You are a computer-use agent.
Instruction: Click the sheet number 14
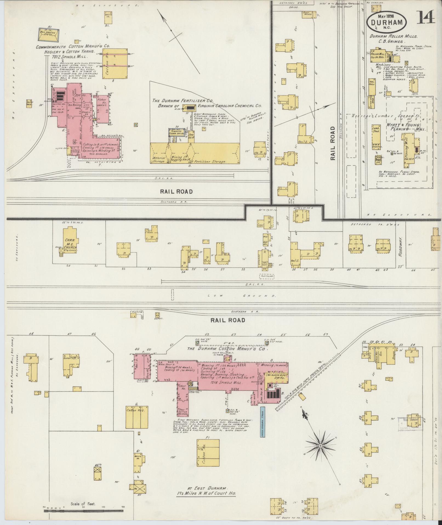[x=426, y=18]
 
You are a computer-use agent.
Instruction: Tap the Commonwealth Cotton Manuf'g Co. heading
[x=73, y=47]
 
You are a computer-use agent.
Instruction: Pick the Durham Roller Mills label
[x=393, y=36]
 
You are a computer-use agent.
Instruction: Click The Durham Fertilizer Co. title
[x=183, y=101]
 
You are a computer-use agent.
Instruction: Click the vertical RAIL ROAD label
[x=333, y=143]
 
